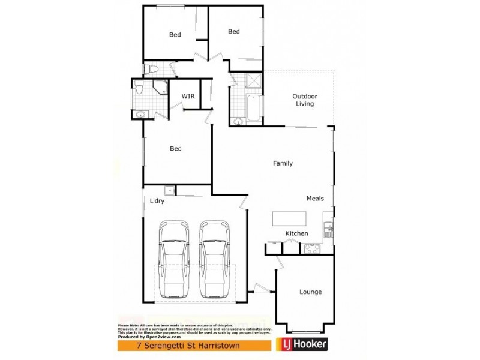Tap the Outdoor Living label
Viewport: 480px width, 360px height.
click(x=305, y=100)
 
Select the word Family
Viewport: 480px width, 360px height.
click(x=283, y=163)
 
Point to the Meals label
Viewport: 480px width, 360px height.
click(x=315, y=199)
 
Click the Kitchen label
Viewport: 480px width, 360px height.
click(x=296, y=233)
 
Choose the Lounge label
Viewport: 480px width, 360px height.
click(x=310, y=292)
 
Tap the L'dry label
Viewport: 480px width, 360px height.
click(x=157, y=201)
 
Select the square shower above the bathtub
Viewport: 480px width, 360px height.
click(x=253, y=81)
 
